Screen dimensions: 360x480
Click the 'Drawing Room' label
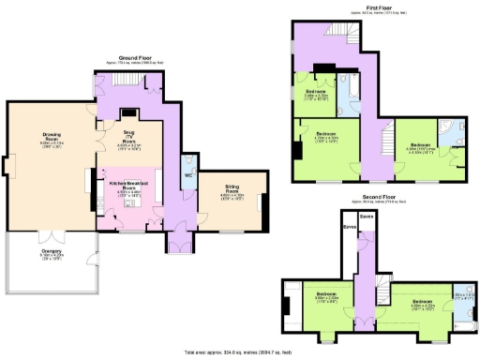pyautogui.click(x=52, y=141)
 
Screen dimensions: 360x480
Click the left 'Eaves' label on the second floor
pyautogui.click(x=349, y=227)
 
